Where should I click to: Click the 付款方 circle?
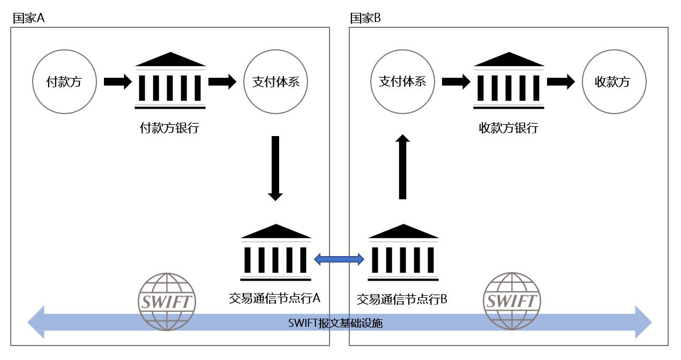(64, 82)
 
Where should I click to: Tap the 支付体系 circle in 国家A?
(275, 82)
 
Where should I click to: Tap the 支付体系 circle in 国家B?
(402, 82)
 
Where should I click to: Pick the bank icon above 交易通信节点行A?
(275, 252)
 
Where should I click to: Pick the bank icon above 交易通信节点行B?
(403, 252)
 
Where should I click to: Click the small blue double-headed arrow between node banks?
(339, 260)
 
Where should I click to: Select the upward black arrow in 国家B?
(403, 167)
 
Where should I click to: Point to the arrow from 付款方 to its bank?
(117, 82)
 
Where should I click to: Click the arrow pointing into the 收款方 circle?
(561, 82)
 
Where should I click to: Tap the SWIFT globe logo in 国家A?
(167, 301)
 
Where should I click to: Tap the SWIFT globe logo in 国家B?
(512, 301)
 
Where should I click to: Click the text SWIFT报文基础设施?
(335, 323)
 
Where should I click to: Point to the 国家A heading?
(28, 18)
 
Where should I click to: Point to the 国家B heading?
(365, 18)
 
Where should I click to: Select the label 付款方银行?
(169, 129)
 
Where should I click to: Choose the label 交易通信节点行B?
(402, 299)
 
